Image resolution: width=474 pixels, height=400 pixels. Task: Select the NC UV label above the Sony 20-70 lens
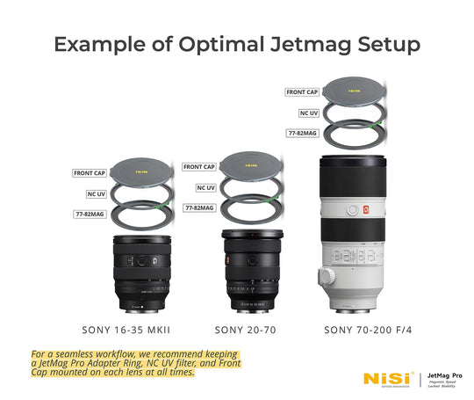[x=205, y=187]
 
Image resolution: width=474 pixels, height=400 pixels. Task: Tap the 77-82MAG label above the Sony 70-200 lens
[x=300, y=134]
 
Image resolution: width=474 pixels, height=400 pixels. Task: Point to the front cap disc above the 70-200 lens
[x=355, y=90]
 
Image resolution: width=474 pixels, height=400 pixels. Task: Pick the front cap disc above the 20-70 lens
[x=252, y=164]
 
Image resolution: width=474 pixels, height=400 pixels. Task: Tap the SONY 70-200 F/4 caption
[x=362, y=330]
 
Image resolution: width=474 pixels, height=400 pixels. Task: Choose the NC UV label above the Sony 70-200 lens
[x=301, y=113]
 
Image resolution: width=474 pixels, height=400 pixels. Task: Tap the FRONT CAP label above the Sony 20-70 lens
[x=199, y=167]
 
